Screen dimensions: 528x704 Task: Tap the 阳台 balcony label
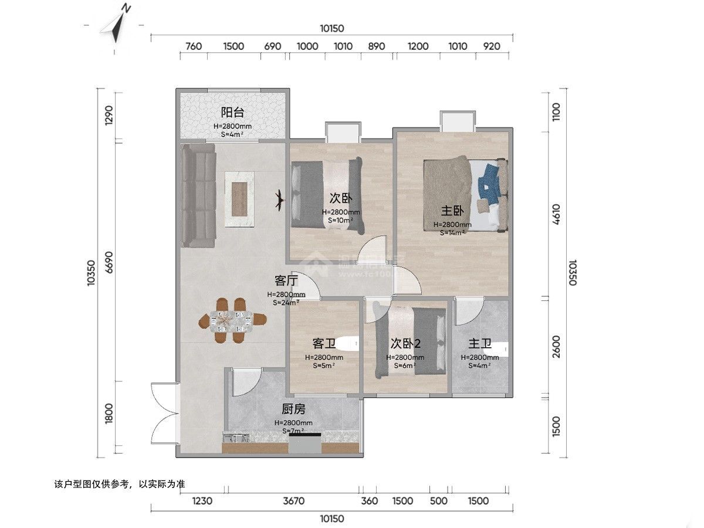coord(232,113)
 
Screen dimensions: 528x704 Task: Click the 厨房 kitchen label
coord(293,409)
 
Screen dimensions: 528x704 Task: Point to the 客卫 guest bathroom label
coord(324,343)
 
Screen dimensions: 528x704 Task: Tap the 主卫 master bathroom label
coord(479,343)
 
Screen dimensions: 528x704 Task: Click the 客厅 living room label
coord(286,280)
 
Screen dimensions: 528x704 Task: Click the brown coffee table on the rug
coord(240,198)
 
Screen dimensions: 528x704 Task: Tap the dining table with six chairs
coord(232,320)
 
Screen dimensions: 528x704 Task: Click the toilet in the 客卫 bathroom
coord(350,342)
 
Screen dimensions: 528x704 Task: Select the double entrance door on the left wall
coord(164,414)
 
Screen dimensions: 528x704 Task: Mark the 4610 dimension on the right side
coord(556,215)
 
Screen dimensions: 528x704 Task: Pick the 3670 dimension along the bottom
coord(293,501)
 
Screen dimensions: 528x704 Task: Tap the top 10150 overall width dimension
coord(331,28)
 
